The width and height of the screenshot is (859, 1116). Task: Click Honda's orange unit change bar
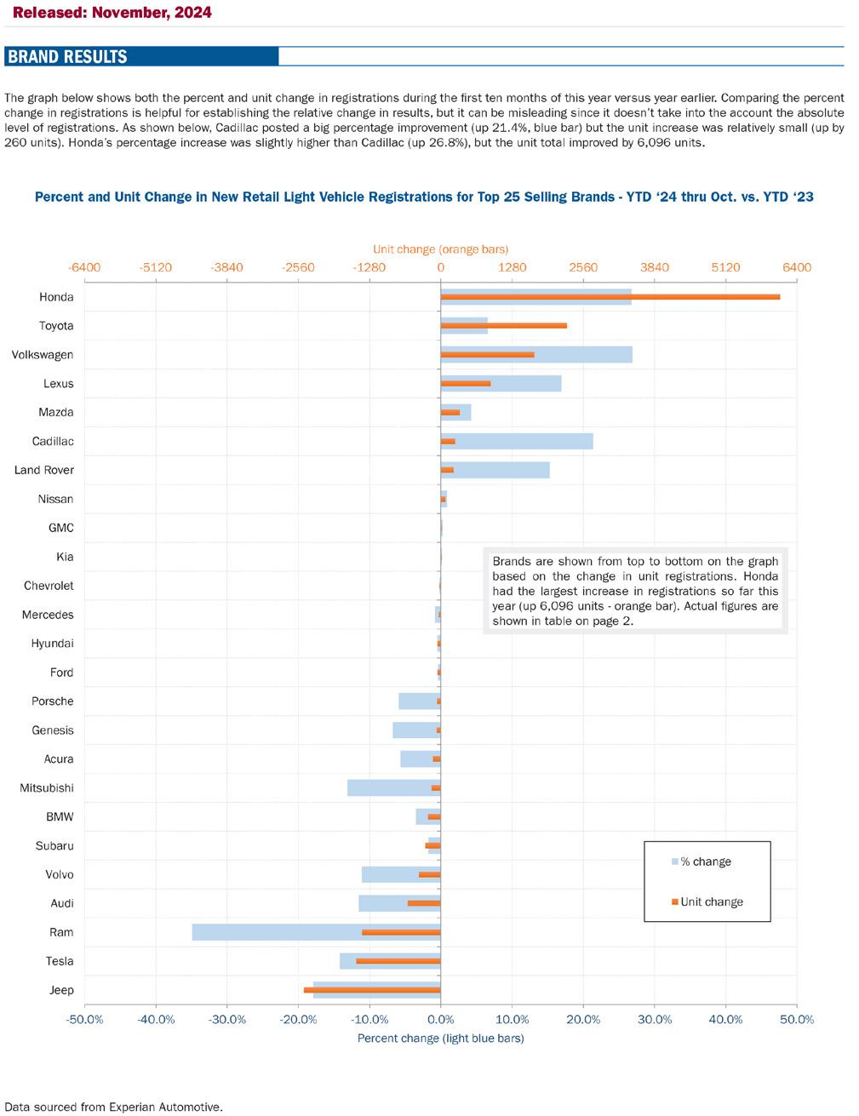pyautogui.click(x=610, y=297)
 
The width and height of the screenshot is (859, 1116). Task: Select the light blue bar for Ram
pyautogui.click(x=317, y=932)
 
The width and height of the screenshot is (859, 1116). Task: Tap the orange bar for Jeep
pyautogui.click(x=372, y=990)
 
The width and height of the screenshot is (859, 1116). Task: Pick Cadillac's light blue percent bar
pyautogui.click(x=517, y=441)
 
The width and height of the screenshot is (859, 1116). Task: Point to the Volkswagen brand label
pyautogui.click(x=43, y=355)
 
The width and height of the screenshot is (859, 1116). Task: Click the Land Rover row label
pyautogui.click(x=44, y=470)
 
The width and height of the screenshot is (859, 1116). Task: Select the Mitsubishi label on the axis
pyautogui.click(x=47, y=787)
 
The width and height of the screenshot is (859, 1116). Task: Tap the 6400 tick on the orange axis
pyautogui.click(x=797, y=267)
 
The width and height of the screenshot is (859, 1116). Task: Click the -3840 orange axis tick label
pyautogui.click(x=226, y=267)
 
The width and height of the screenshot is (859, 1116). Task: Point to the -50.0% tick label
pyautogui.click(x=84, y=1020)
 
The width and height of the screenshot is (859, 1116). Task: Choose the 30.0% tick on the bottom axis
pyautogui.click(x=655, y=1020)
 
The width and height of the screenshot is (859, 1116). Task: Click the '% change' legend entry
pyautogui.click(x=701, y=861)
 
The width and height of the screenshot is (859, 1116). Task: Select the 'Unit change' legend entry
pyautogui.click(x=707, y=902)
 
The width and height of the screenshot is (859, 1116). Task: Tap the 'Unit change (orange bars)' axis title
pyautogui.click(x=440, y=249)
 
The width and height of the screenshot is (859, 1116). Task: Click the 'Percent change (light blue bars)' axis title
pyautogui.click(x=440, y=1039)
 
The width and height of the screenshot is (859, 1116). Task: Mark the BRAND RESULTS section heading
pyautogui.click(x=67, y=56)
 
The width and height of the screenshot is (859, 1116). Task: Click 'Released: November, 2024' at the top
pyautogui.click(x=112, y=12)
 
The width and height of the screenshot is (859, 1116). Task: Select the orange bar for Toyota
pyautogui.click(x=504, y=326)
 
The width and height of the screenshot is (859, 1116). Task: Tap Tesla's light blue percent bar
pyautogui.click(x=390, y=961)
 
